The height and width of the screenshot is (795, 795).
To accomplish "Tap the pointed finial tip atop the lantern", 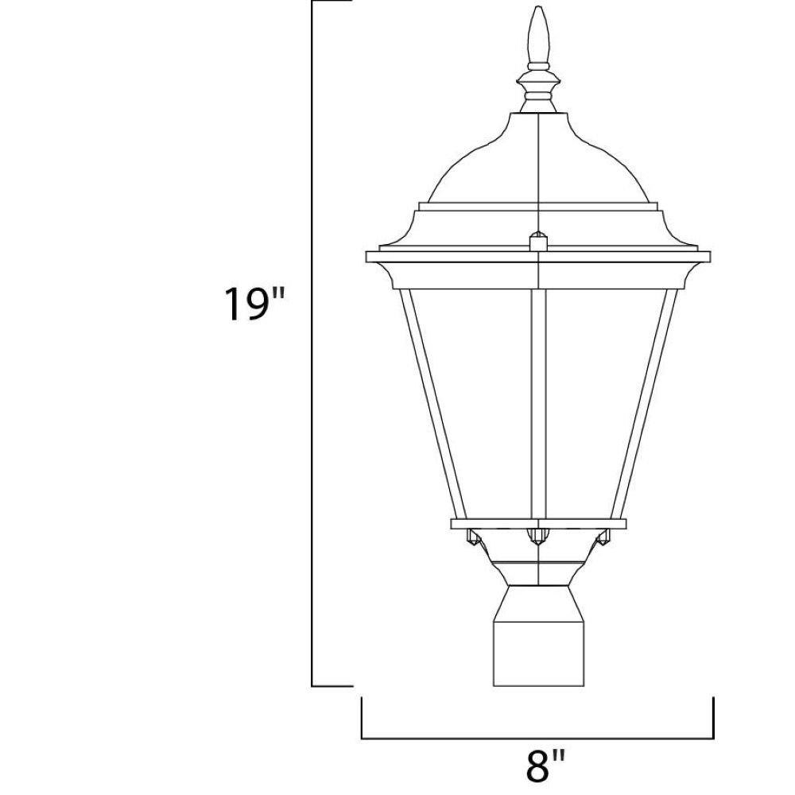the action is tap(538, 8).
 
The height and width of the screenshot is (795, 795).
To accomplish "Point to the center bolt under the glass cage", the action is tap(538, 537).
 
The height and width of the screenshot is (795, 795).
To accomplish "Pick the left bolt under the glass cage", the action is tap(474, 537).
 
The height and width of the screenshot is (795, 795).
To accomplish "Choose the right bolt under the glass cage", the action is tap(603, 537).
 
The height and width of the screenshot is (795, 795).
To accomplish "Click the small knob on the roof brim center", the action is tap(538, 242).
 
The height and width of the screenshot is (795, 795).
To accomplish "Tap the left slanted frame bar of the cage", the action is tap(433, 404).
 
